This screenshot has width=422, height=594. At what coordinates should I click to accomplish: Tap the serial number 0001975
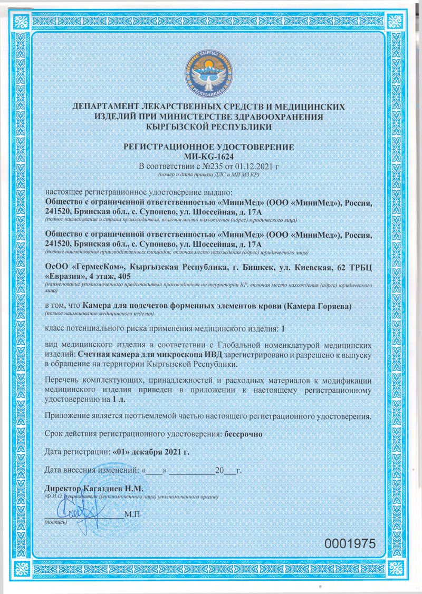point(349,543)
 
